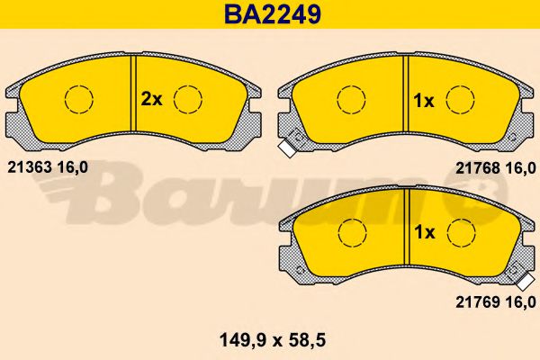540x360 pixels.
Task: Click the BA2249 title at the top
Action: (273, 14)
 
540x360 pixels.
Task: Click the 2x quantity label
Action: (151, 100)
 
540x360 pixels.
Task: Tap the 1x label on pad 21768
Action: (424, 101)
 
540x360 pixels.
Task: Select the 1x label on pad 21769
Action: (425, 232)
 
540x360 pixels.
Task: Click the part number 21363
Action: (30, 167)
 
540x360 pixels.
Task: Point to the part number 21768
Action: (478, 168)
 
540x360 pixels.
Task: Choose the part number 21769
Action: (478, 302)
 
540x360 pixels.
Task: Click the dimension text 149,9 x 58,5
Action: (273, 341)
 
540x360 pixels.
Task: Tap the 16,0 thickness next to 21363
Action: (72, 167)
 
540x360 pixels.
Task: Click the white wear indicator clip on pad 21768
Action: (286, 148)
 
